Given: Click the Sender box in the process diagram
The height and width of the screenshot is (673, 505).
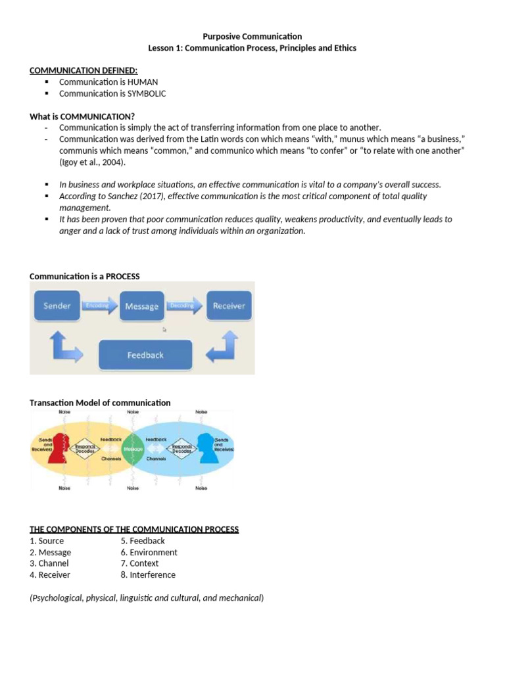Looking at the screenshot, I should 57,306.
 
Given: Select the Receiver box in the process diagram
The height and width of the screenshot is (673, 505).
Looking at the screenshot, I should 228,306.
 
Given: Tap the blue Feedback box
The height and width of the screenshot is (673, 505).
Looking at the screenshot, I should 145,355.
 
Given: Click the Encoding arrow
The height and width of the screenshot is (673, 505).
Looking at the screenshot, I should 99,306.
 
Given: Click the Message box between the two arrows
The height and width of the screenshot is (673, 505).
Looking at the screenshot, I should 141,306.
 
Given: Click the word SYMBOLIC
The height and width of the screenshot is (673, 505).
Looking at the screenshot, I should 147,93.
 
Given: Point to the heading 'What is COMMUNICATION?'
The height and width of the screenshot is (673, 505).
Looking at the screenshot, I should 82,116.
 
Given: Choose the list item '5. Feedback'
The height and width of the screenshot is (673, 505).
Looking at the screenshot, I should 143,541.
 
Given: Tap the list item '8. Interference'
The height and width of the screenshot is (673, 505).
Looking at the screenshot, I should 148,574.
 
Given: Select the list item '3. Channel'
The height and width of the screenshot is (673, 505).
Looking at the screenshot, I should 49,563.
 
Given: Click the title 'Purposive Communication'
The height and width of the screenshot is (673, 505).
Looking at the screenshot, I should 252,37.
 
